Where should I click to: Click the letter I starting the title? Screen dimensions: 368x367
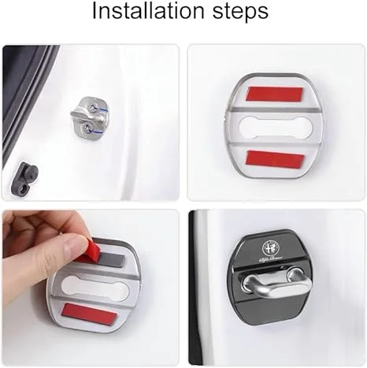95,13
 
